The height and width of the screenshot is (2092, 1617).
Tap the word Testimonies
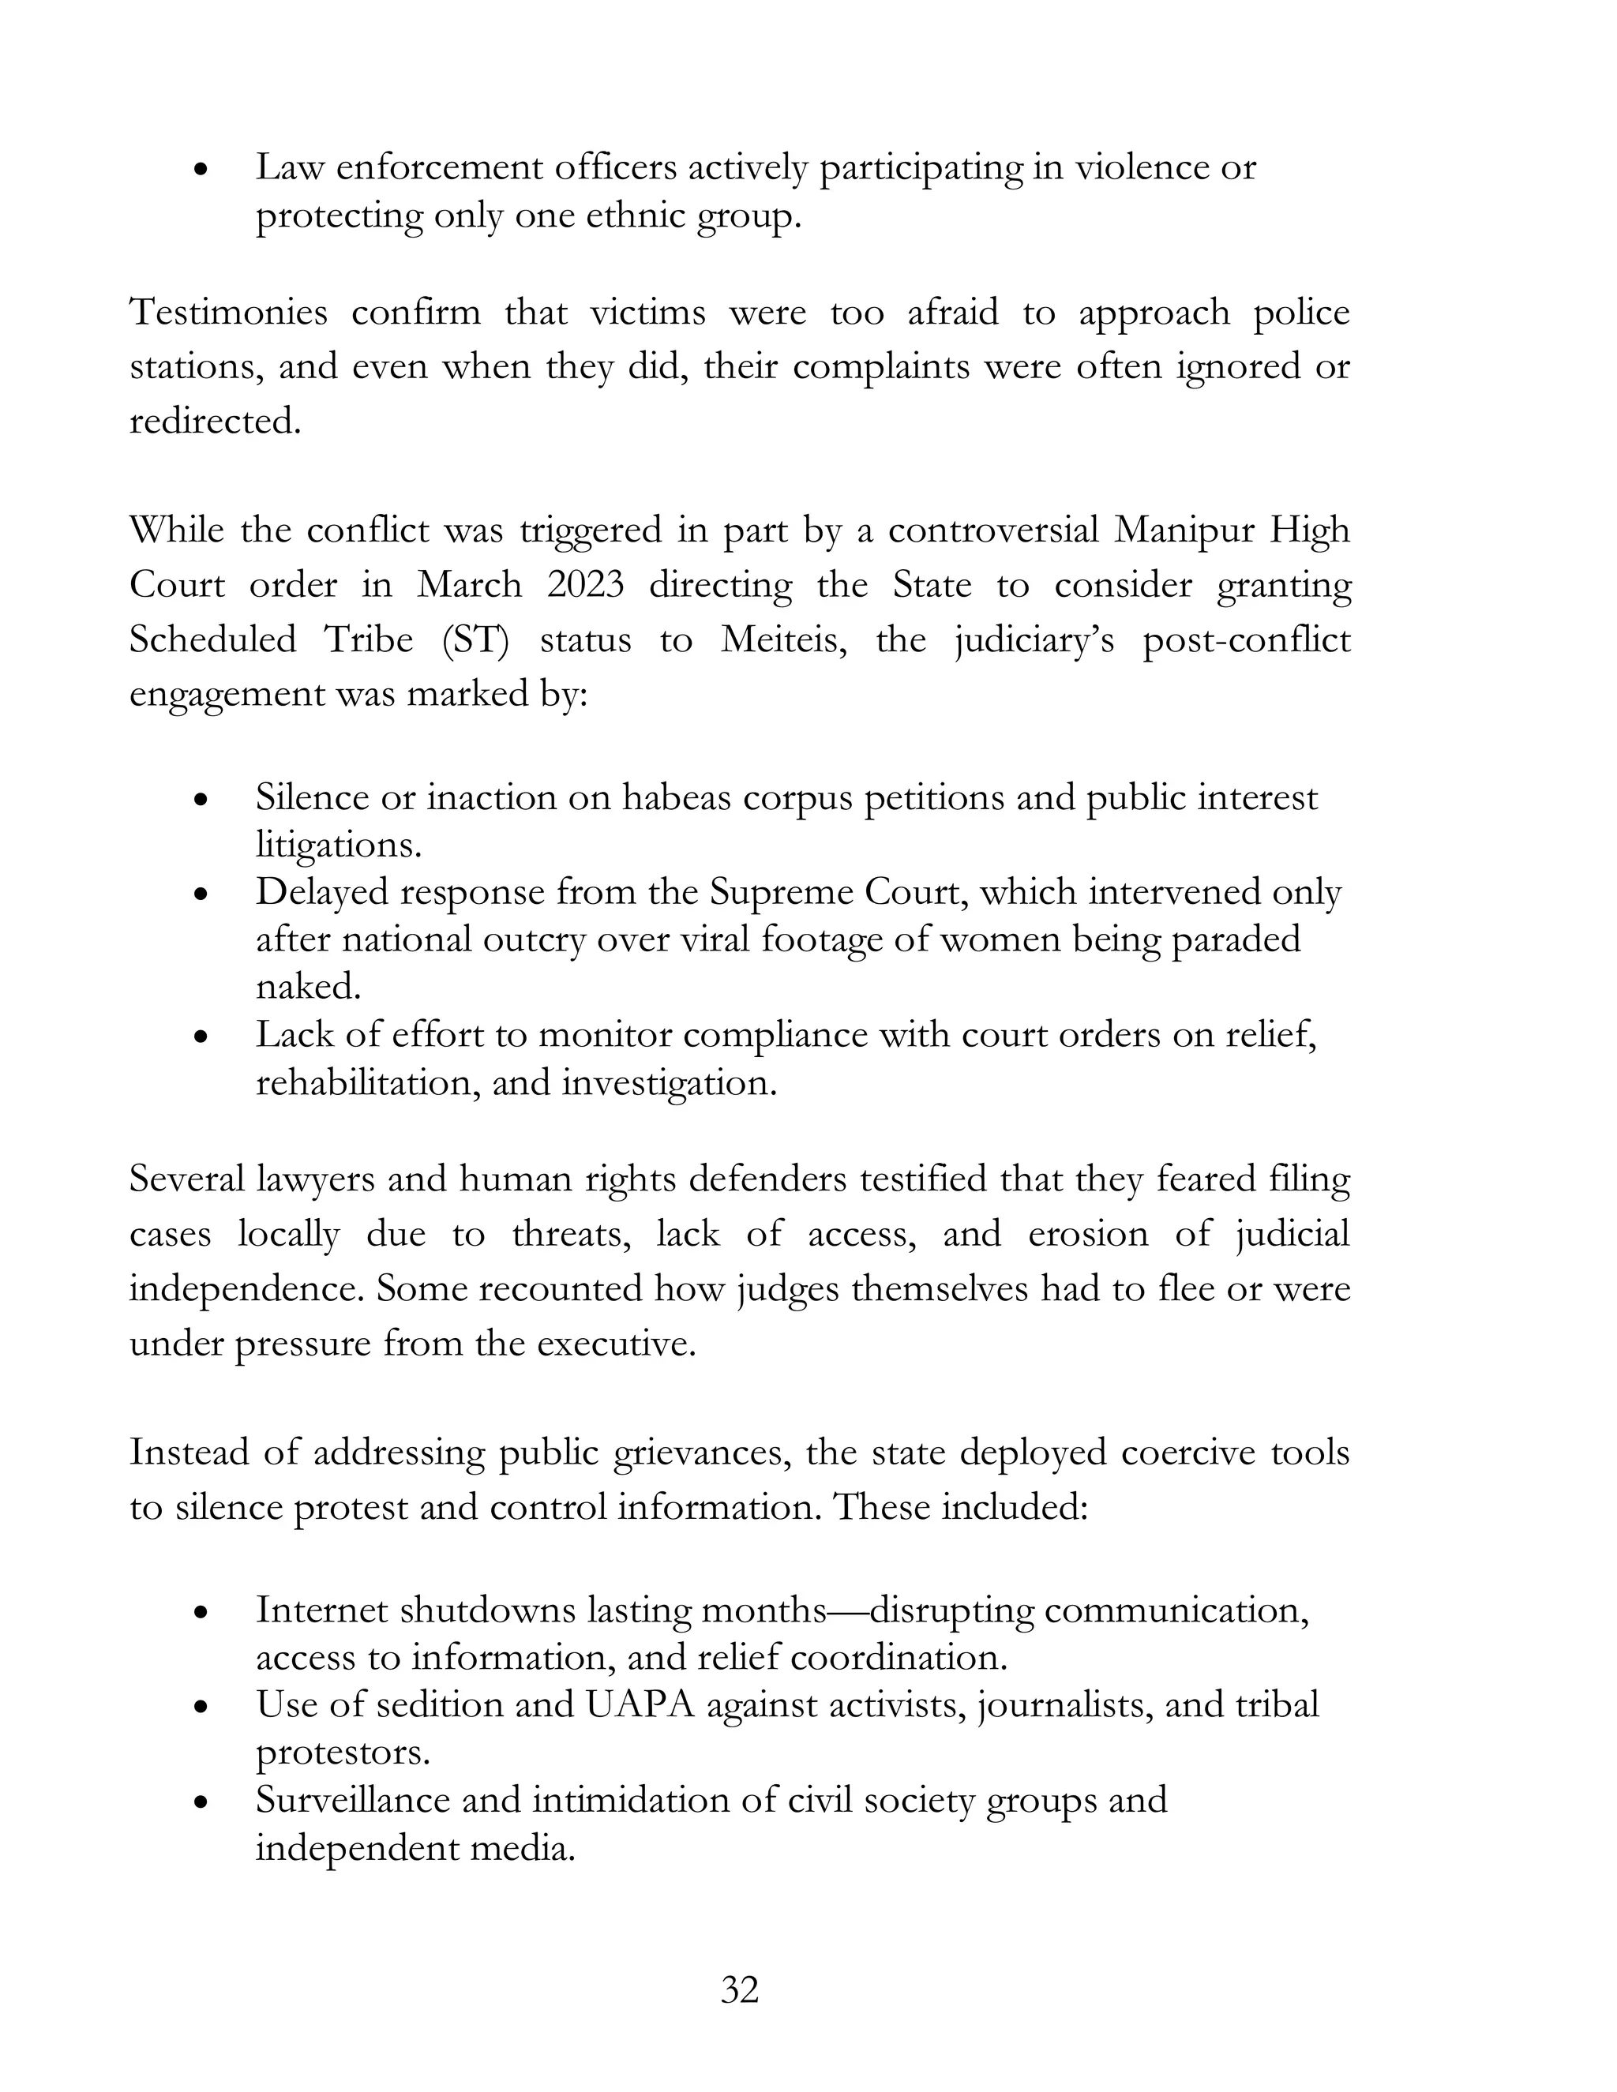coord(228,313)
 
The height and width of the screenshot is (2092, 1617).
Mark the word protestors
coord(342,1753)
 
